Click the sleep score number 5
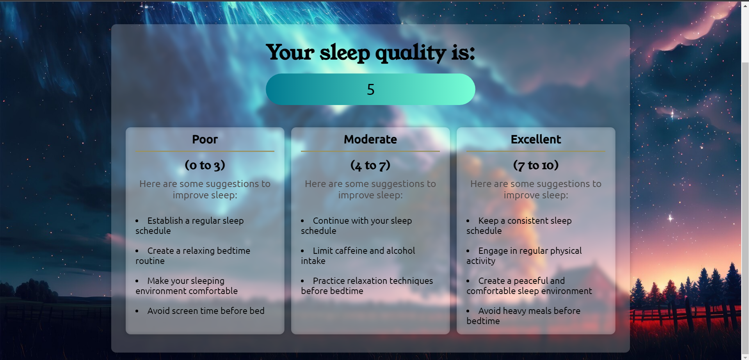tap(371, 89)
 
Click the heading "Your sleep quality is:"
tap(370, 52)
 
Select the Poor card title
tap(205, 139)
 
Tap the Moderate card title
tap(370, 139)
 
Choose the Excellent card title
tap(536, 139)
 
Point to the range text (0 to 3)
tap(205, 165)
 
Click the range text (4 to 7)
tap(370, 165)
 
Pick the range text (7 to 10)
tap(536, 165)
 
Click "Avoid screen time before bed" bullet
tap(206, 311)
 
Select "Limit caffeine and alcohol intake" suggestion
tap(358, 256)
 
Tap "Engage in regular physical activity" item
tap(524, 256)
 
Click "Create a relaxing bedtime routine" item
tap(193, 256)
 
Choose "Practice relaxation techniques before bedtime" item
tap(367, 286)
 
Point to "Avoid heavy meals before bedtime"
tap(523, 316)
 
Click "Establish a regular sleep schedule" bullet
tap(190, 226)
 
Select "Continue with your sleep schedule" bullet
tap(356, 226)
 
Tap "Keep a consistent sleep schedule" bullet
tap(519, 226)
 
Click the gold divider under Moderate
tap(370, 151)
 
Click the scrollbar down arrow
tap(745, 357)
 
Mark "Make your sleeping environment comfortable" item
tap(187, 286)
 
